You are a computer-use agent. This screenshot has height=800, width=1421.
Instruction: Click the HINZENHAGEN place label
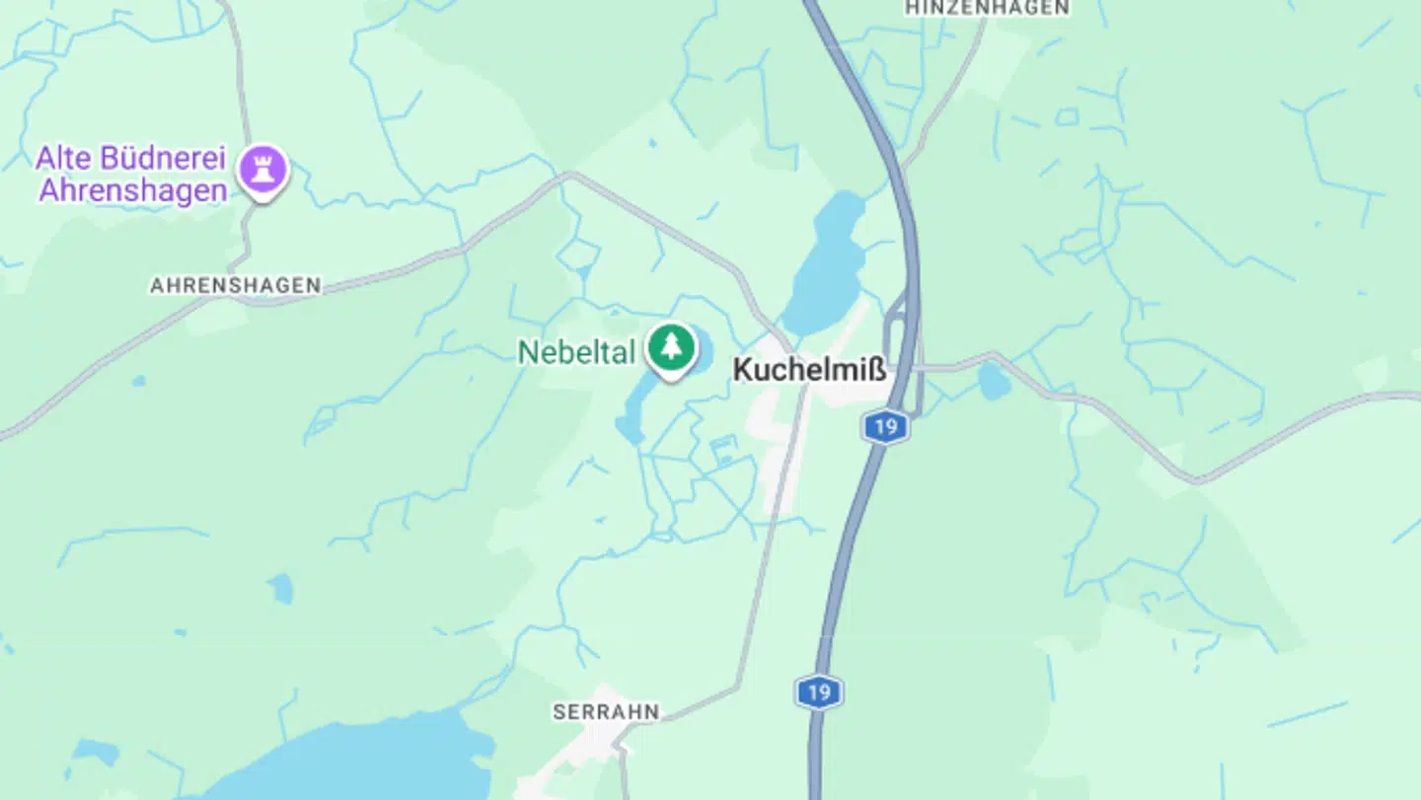coord(987,8)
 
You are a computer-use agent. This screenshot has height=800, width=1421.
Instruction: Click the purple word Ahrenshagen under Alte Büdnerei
coord(133,189)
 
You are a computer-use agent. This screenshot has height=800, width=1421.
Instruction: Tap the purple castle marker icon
coord(262,170)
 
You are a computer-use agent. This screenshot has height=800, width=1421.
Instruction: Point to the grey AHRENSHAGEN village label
coord(235,285)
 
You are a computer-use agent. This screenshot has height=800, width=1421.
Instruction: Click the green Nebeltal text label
coord(576,352)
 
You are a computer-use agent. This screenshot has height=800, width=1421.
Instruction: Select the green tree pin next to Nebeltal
coord(671,347)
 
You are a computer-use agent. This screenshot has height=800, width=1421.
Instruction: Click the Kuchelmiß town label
coord(809,371)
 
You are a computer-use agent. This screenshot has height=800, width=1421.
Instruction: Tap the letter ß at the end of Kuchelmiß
coord(876,371)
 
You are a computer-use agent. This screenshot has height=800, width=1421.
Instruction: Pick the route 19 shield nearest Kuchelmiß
coord(885,427)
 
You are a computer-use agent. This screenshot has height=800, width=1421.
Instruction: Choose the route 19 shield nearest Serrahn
coord(819,691)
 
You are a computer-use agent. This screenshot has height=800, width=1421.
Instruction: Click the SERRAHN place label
coord(606,711)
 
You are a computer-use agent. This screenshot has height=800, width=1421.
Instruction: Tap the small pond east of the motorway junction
coord(995,381)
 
